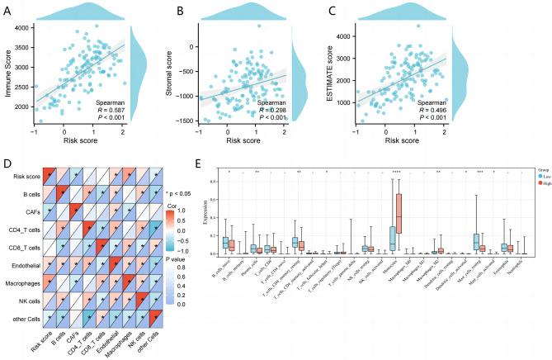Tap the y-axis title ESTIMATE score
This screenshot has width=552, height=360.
[x=379, y=75]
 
